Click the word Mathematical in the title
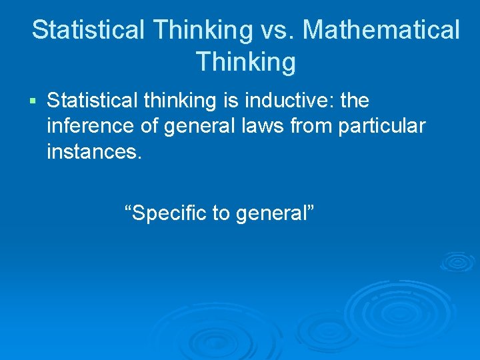pos(382,30)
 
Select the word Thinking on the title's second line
pos(245,62)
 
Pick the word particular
pos(381,126)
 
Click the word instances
pos(94,151)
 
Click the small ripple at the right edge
pos(458,261)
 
